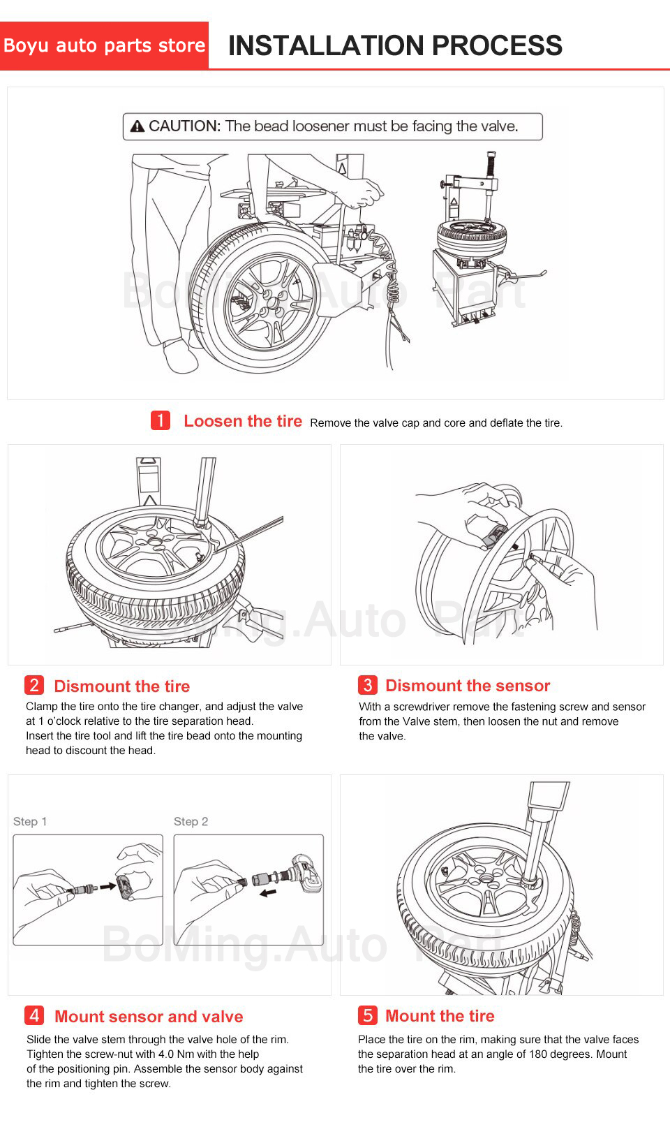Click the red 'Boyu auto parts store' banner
tap(105, 45)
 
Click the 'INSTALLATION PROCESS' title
tap(395, 45)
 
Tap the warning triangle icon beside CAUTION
tap(138, 126)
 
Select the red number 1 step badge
tap(161, 420)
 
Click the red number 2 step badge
tap(33, 685)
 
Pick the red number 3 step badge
tap(367, 685)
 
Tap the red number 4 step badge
tap(33, 1015)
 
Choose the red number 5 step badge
tap(367, 1015)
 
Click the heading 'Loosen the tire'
tap(243, 421)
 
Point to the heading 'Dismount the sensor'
tap(468, 686)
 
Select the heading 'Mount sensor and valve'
tap(149, 1017)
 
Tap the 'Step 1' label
tap(30, 822)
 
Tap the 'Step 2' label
tap(191, 822)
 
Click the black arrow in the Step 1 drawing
tap(107, 887)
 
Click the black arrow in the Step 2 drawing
tap(267, 892)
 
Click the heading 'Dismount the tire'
tap(121, 686)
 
